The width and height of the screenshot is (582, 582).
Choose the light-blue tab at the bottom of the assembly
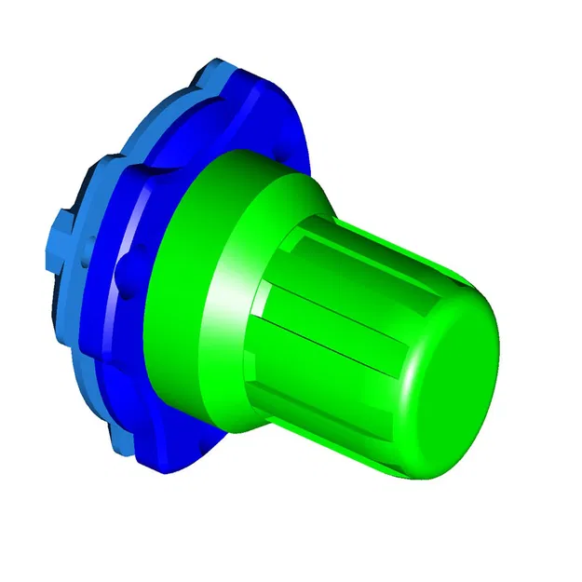point(121,438)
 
